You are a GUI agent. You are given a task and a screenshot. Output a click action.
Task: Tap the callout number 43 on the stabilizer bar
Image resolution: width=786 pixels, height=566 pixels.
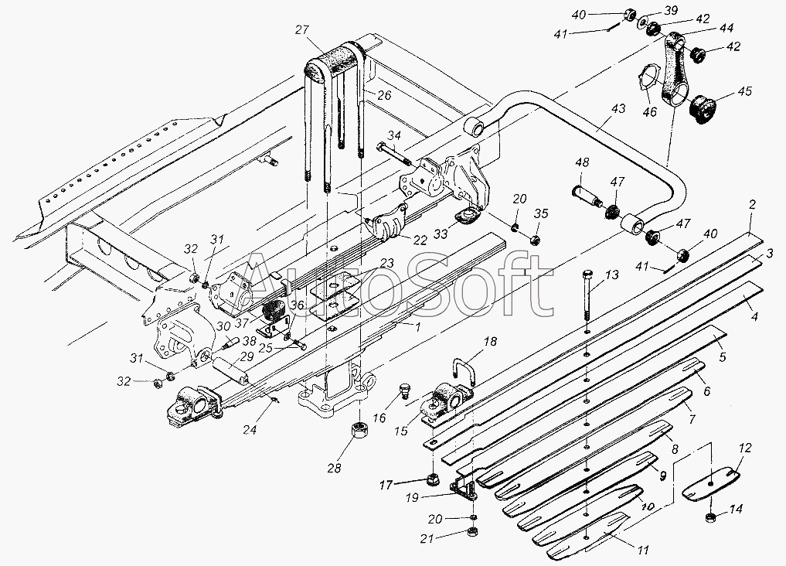pyautogui.click(x=618, y=109)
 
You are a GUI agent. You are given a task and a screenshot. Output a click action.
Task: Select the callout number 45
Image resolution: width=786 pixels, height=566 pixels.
pyautogui.click(x=744, y=92)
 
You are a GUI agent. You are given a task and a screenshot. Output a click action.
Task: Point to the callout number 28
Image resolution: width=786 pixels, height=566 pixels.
pyautogui.click(x=335, y=469)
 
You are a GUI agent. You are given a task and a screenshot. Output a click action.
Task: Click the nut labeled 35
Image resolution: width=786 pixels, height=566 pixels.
pyautogui.click(x=535, y=239)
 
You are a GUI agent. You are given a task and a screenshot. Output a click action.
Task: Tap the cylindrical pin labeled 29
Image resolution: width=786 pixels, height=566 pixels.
pyautogui.click(x=230, y=371)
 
